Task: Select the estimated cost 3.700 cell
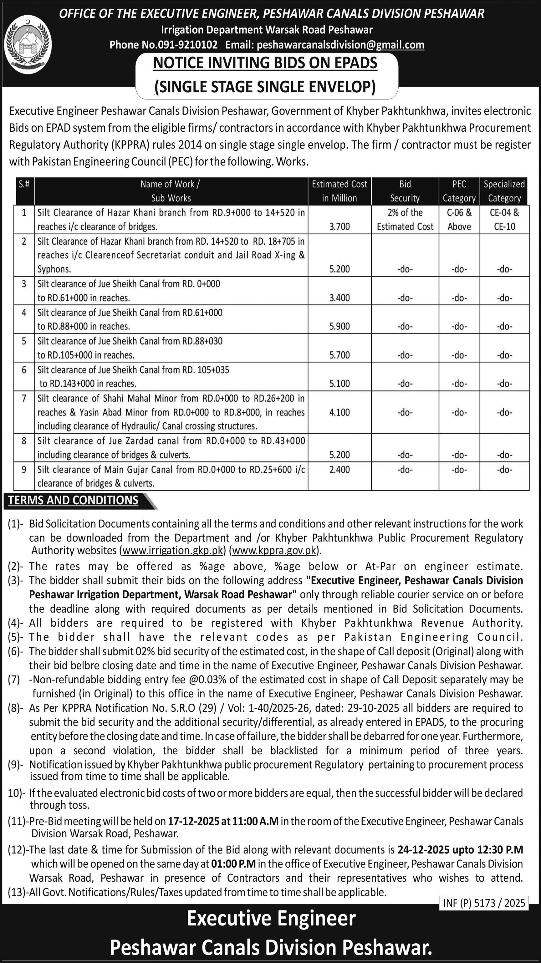point(339,227)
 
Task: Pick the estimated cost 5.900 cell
point(339,326)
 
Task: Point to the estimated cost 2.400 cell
point(339,470)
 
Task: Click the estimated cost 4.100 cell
point(339,412)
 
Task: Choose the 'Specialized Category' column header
point(504,191)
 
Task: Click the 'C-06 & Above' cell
point(459,219)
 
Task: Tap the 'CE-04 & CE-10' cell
point(504,219)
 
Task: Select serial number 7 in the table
point(24,399)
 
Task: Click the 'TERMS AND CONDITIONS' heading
point(73,501)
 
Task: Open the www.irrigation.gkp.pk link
point(173,550)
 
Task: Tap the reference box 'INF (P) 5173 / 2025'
point(484,903)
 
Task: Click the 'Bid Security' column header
point(405,191)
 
